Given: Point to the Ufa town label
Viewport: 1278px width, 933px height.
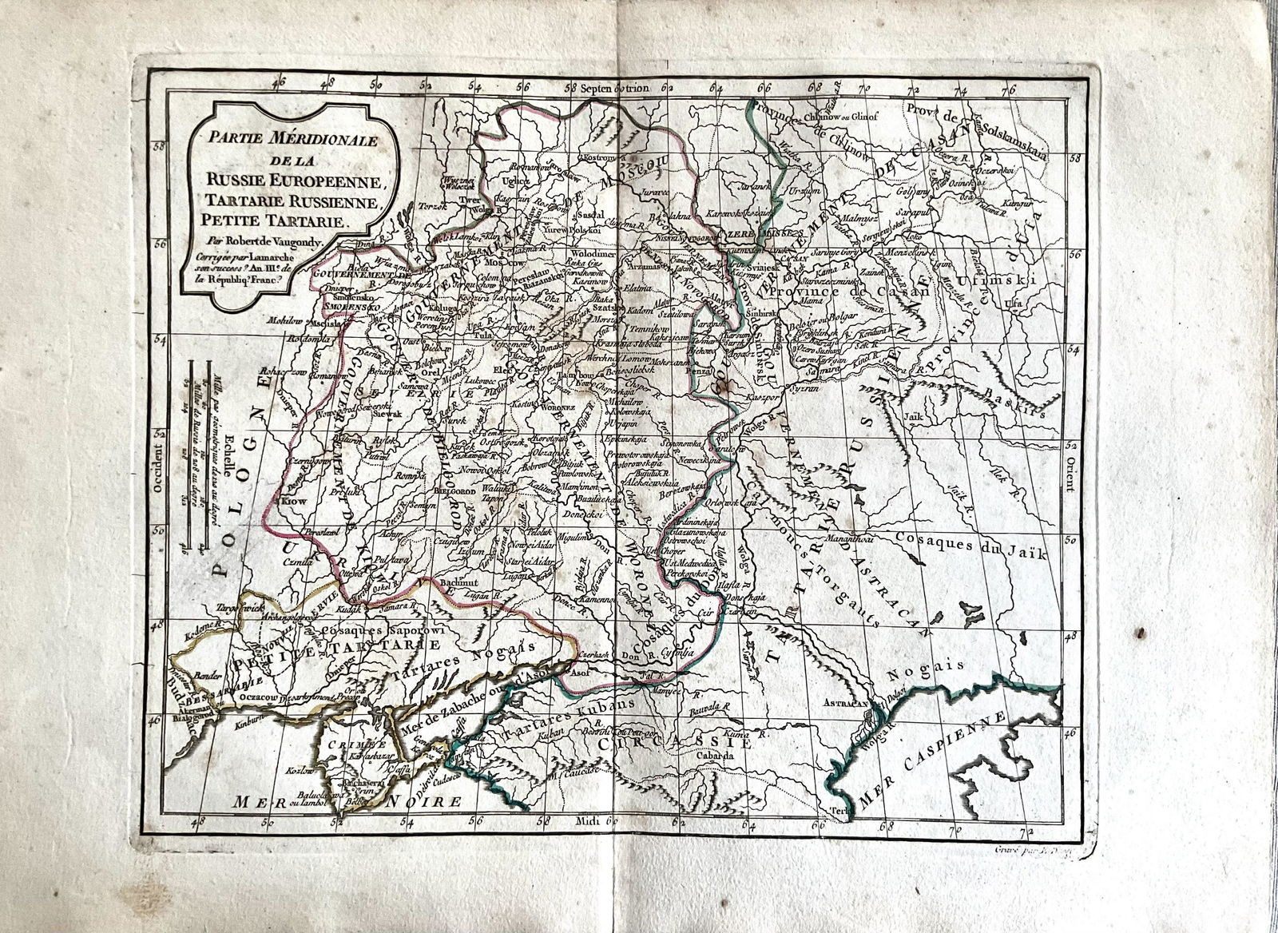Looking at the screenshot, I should [x=1015, y=304].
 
